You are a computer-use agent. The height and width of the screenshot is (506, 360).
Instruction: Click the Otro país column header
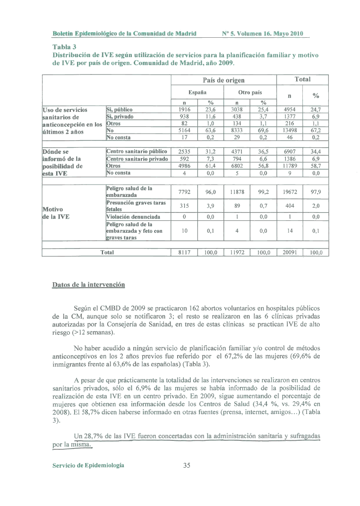[x=250, y=92]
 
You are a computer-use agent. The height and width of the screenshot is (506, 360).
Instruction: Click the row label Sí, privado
[x=120, y=116]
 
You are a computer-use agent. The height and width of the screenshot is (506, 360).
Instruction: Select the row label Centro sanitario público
[x=137, y=152]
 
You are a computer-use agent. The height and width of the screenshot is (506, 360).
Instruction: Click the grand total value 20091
[x=290, y=253]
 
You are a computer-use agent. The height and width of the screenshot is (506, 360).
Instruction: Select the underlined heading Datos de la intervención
[x=88, y=285]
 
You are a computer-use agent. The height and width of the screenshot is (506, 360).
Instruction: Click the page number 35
[x=186, y=465]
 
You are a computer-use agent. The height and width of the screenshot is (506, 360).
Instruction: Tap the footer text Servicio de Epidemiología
[x=88, y=465]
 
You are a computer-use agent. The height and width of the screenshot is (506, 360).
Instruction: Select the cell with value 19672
[x=290, y=192]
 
